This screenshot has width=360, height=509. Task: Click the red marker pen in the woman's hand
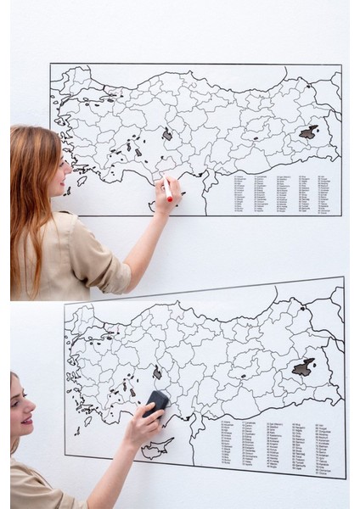pyautogui.click(x=168, y=189)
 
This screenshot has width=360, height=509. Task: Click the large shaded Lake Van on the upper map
pyautogui.click(x=308, y=132)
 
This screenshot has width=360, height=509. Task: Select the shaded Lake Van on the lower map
pyautogui.click(x=303, y=367)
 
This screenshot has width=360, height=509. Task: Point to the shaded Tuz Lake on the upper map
pyautogui.click(x=167, y=134)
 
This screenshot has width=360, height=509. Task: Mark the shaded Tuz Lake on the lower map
pyautogui.click(x=157, y=372)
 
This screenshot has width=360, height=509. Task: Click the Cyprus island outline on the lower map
pyautogui.click(x=157, y=447)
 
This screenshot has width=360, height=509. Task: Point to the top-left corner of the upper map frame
pyautogui.click(x=50, y=64)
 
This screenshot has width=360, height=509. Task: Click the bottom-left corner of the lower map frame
pyautogui.click(x=65, y=456)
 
